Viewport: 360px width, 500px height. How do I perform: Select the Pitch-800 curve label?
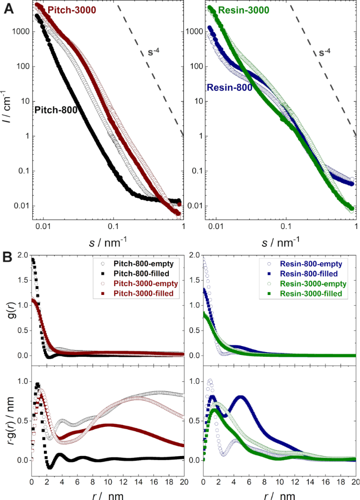(x=57, y=110)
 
